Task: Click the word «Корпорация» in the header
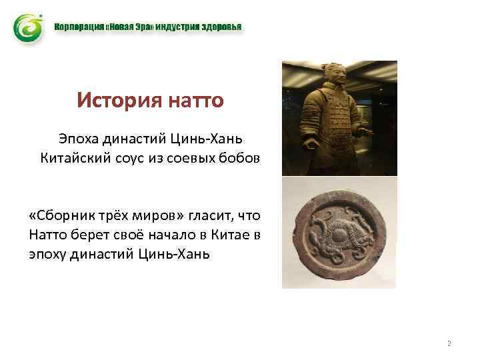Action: [x=78, y=29]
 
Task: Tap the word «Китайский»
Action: [x=71, y=157]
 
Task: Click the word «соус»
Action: [x=124, y=157]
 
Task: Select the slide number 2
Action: [x=449, y=344]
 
